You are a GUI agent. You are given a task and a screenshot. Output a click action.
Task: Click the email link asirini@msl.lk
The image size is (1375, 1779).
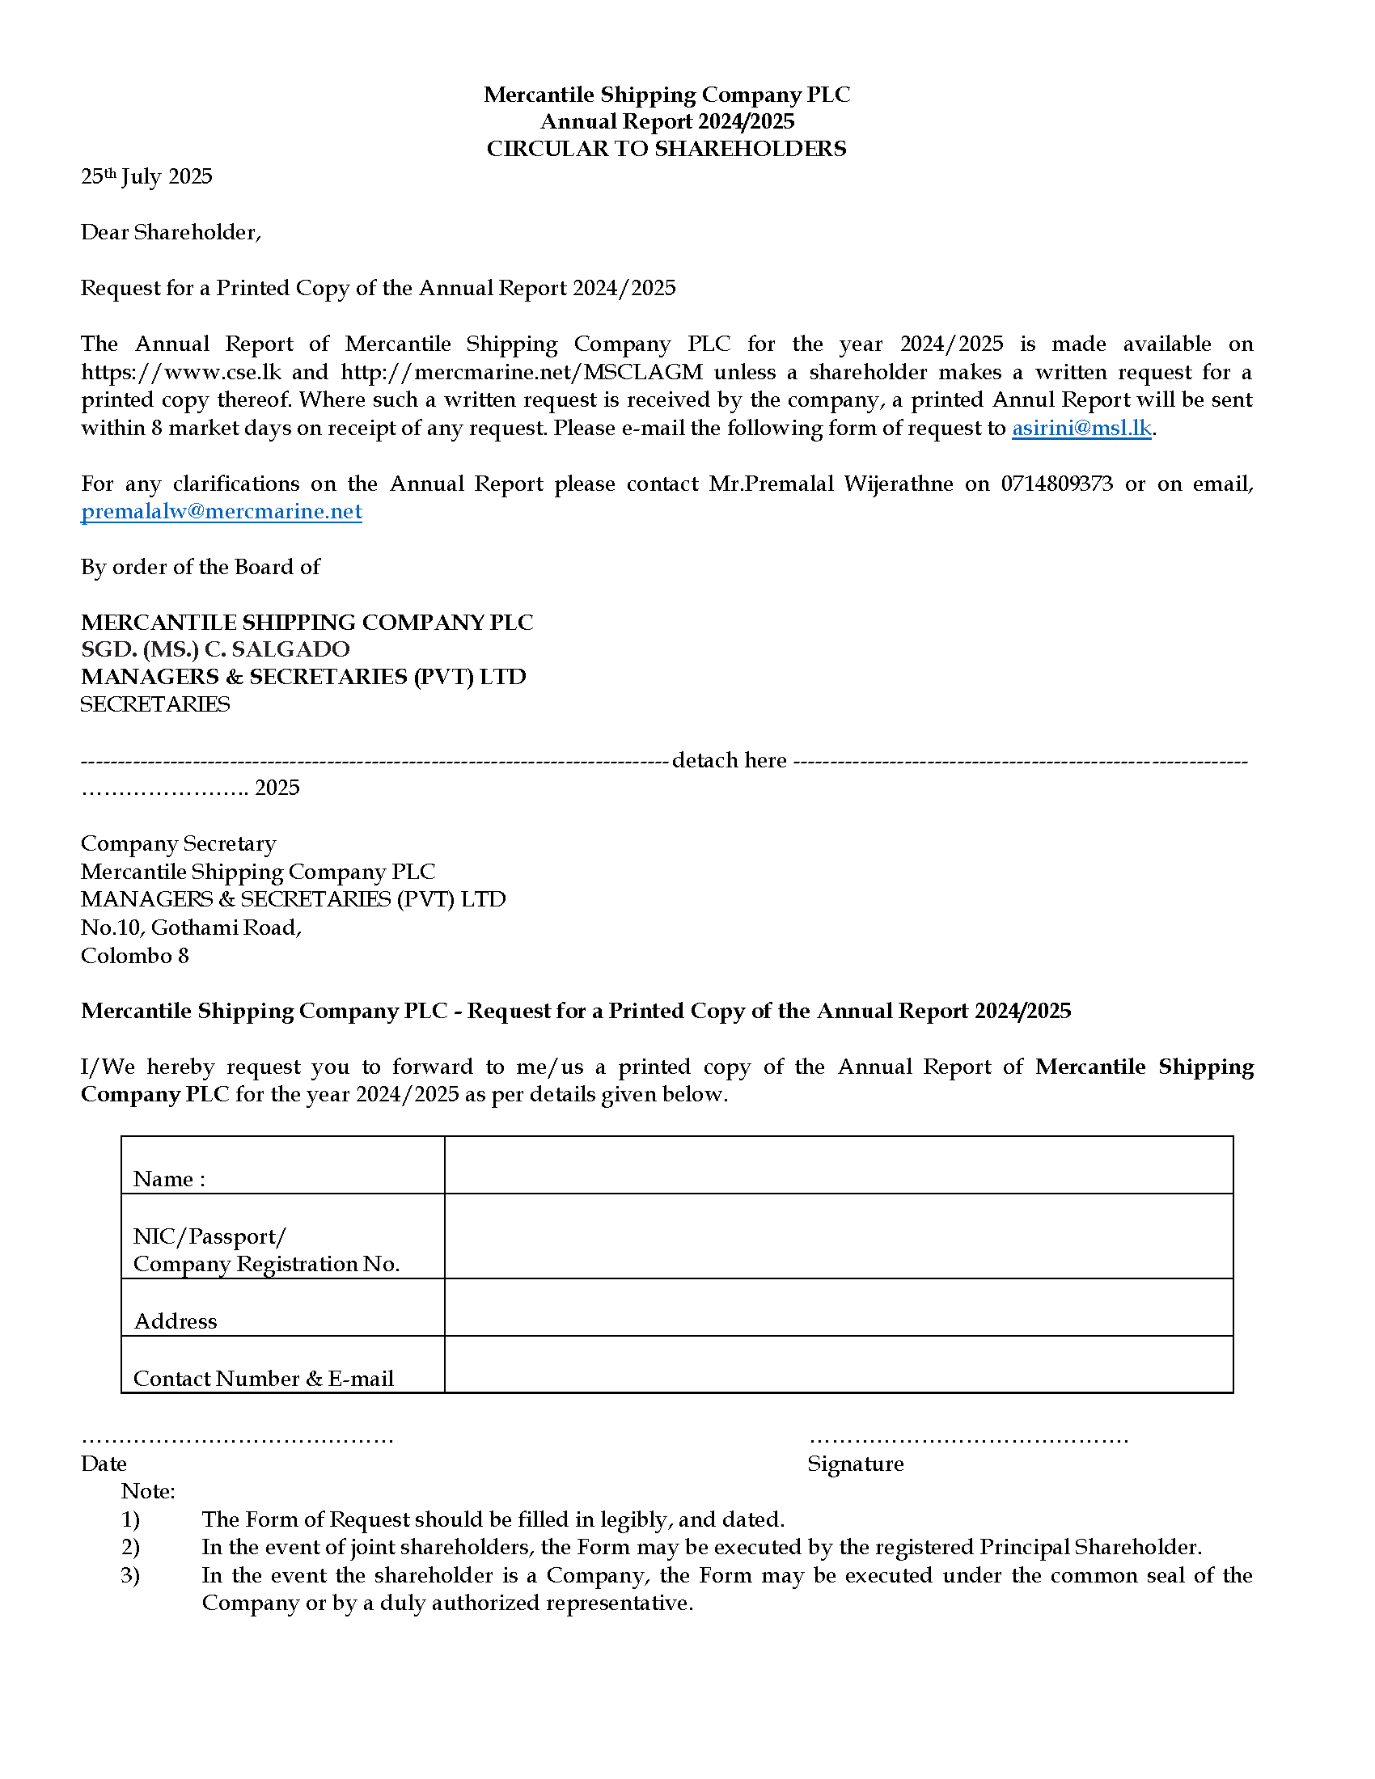coord(1081,429)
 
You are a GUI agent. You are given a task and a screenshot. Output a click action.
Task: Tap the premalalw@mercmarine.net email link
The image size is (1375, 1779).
coord(221,512)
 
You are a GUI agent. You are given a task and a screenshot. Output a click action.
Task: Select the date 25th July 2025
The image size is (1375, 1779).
coord(146,177)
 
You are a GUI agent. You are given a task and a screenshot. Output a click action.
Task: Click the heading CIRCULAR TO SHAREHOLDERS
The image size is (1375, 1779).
coord(666,149)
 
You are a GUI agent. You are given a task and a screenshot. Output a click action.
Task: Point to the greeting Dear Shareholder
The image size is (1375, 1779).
coord(170,233)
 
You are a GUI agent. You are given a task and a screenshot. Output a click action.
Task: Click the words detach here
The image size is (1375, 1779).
coord(729,760)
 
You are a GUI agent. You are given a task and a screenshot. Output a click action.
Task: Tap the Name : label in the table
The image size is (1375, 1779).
coord(168,1179)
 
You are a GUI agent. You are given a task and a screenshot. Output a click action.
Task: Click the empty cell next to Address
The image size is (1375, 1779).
coord(838,1307)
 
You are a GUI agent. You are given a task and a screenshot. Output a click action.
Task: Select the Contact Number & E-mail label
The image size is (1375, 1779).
coord(263,1378)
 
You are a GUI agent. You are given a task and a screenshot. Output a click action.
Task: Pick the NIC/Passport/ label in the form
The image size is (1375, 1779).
coord(209,1236)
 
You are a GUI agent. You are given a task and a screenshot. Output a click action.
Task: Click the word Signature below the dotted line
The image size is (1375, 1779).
coord(855,1464)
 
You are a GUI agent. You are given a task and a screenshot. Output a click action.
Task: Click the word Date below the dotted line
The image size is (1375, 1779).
coord(104,1464)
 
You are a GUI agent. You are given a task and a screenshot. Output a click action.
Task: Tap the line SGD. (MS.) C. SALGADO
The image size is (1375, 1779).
coord(215,649)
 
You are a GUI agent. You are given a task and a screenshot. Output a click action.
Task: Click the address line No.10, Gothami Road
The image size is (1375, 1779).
coord(191,928)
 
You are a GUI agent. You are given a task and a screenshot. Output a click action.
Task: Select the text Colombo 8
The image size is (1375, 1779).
coord(134,956)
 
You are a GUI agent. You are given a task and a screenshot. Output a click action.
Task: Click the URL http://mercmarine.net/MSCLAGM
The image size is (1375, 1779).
coord(522,372)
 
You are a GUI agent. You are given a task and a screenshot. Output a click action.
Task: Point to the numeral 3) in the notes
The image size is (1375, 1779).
coord(130,1575)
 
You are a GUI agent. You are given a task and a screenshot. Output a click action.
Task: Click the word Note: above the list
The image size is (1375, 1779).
coord(148,1491)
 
